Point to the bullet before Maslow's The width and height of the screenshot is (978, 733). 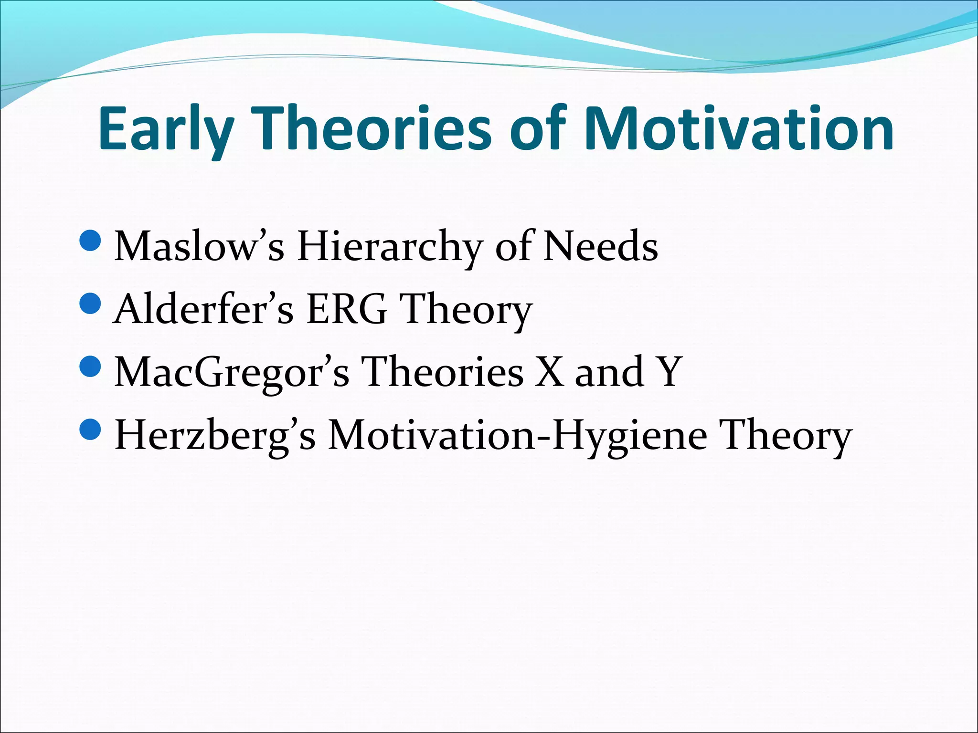pos(89,241)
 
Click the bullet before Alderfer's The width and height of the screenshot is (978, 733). pos(89,304)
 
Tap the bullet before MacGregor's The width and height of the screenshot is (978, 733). pos(89,367)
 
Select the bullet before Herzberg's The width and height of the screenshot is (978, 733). pos(89,430)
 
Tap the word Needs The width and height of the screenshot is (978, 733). pos(601,247)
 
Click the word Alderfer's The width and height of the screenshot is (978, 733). pos(203,309)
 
